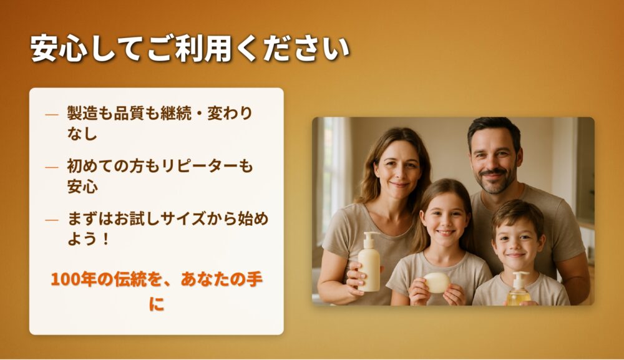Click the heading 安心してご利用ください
[x=190, y=49]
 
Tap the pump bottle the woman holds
[x=369, y=263]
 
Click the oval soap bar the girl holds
[x=437, y=282]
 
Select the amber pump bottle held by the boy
[x=519, y=289]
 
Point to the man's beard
[x=495, y=181]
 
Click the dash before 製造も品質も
[x=52, y=115]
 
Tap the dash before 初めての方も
[x=52, y=167]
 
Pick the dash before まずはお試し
[x=52, y=220]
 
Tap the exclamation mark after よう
[x=105, y=240]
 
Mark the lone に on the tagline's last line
[x=157, y=304]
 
